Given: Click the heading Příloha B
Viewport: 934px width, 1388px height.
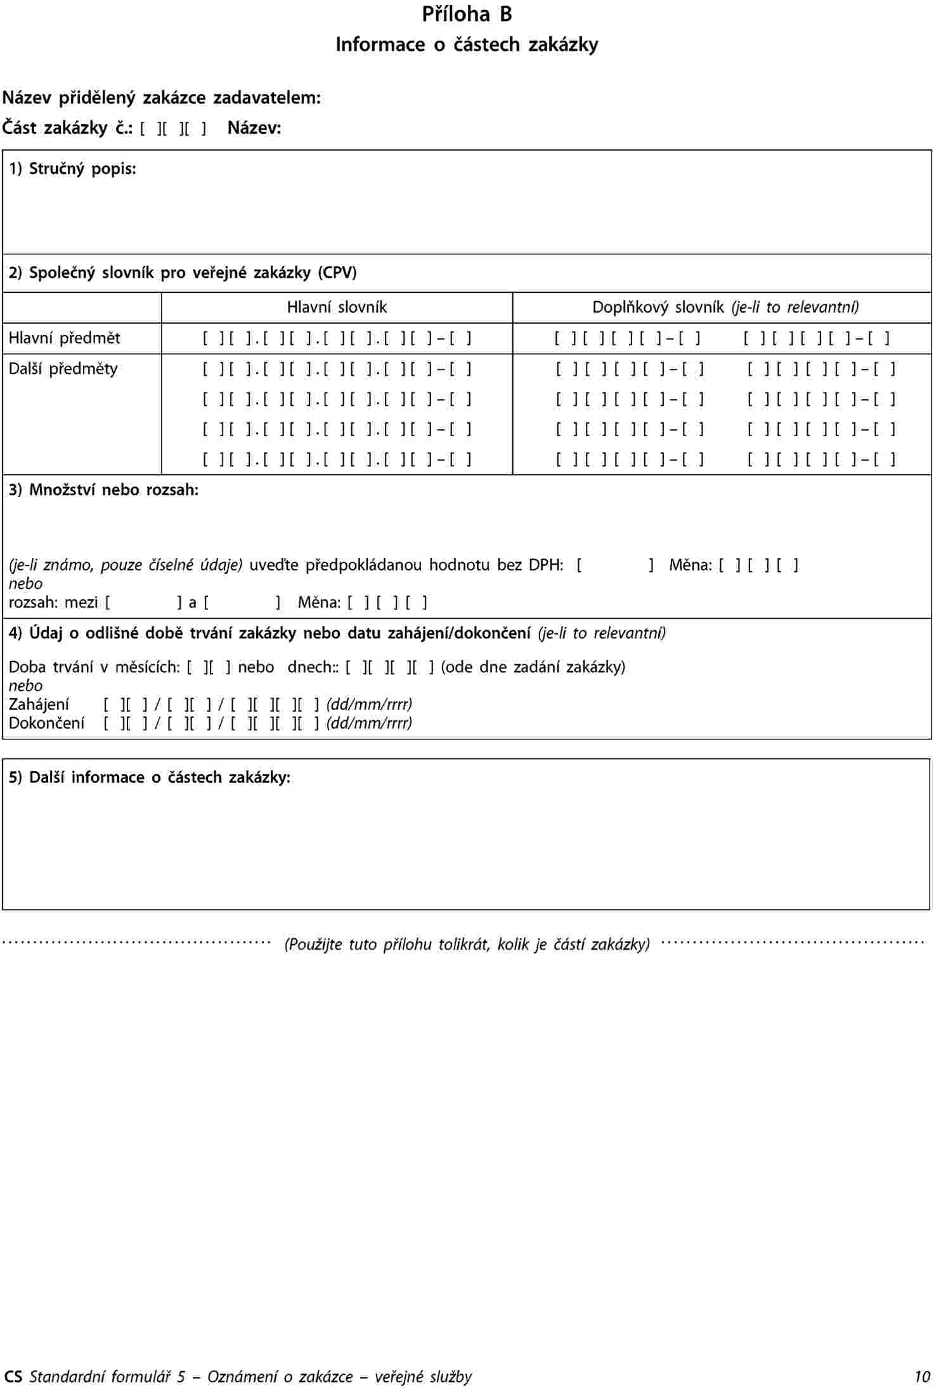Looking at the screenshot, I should point(467,15).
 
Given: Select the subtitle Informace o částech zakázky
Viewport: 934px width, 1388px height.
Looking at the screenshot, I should point(467,45).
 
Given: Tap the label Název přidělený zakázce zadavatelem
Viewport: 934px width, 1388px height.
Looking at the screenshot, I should point(162,98).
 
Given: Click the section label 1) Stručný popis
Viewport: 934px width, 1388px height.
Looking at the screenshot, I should point(72,169).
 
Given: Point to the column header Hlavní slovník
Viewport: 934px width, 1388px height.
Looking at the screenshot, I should point(337,308).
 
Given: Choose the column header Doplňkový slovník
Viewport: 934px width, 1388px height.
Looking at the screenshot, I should point(725,308).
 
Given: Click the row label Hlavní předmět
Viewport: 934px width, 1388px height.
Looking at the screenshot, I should point(64,339).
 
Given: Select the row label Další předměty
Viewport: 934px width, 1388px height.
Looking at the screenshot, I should point(63,369).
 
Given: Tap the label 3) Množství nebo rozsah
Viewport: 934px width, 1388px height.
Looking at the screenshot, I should point(103,490).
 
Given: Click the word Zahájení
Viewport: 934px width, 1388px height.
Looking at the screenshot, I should point(39,704).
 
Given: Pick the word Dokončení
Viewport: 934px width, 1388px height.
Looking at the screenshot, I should point(46,723).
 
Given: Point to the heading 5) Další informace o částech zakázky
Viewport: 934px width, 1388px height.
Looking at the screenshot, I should point(150,778).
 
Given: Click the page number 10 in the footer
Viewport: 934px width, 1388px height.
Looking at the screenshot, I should point(922,1377).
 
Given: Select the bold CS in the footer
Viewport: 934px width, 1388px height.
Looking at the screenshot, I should point(12,1377).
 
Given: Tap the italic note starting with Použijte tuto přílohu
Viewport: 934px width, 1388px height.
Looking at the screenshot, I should point(467,945).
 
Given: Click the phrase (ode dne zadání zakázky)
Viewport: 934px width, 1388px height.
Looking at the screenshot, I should point(533,668).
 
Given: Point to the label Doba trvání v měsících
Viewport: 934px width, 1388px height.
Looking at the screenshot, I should point(94,668).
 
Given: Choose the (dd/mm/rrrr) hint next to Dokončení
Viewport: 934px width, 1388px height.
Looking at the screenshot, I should point(369,723).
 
